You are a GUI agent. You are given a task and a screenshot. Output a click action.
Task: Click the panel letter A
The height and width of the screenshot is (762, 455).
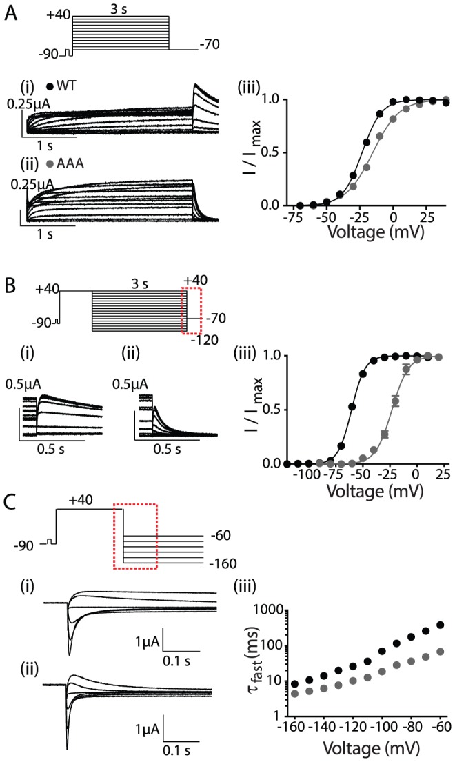point(11,12)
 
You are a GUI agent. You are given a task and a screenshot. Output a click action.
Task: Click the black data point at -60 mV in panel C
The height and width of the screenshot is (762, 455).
point(440,625)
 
